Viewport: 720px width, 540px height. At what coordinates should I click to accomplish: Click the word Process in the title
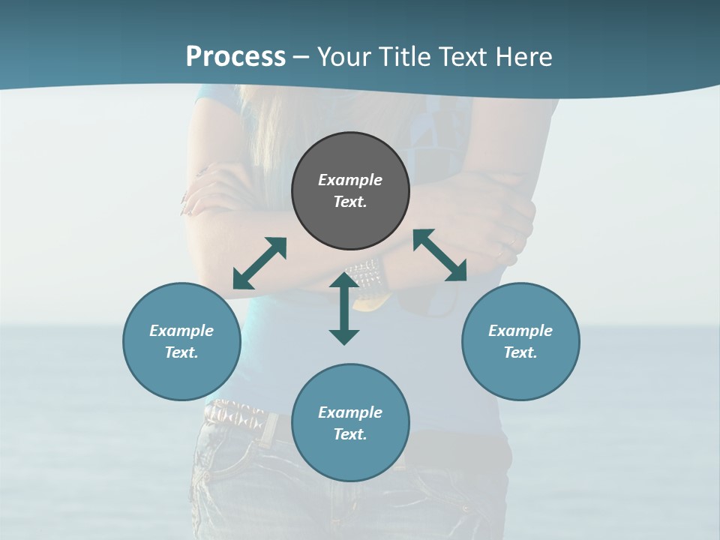tap(235, 57)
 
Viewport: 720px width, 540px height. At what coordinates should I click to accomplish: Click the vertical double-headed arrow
tap(344, 308)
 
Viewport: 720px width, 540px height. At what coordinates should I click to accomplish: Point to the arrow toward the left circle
tap(259, 263)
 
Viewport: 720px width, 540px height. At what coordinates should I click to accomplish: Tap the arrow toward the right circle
tap(440, 256)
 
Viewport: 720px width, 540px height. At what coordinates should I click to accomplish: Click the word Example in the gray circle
tap(350, 180)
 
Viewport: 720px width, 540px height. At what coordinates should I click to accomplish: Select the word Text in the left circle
tap(181, 352)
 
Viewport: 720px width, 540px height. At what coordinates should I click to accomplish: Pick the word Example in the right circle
tap(520, 331)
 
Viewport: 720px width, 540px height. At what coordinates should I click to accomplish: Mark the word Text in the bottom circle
tap(350, 434)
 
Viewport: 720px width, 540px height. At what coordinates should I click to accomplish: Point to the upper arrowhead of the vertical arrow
tap(344, 280)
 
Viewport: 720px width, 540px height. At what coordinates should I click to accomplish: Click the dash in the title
tap(301, 58)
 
